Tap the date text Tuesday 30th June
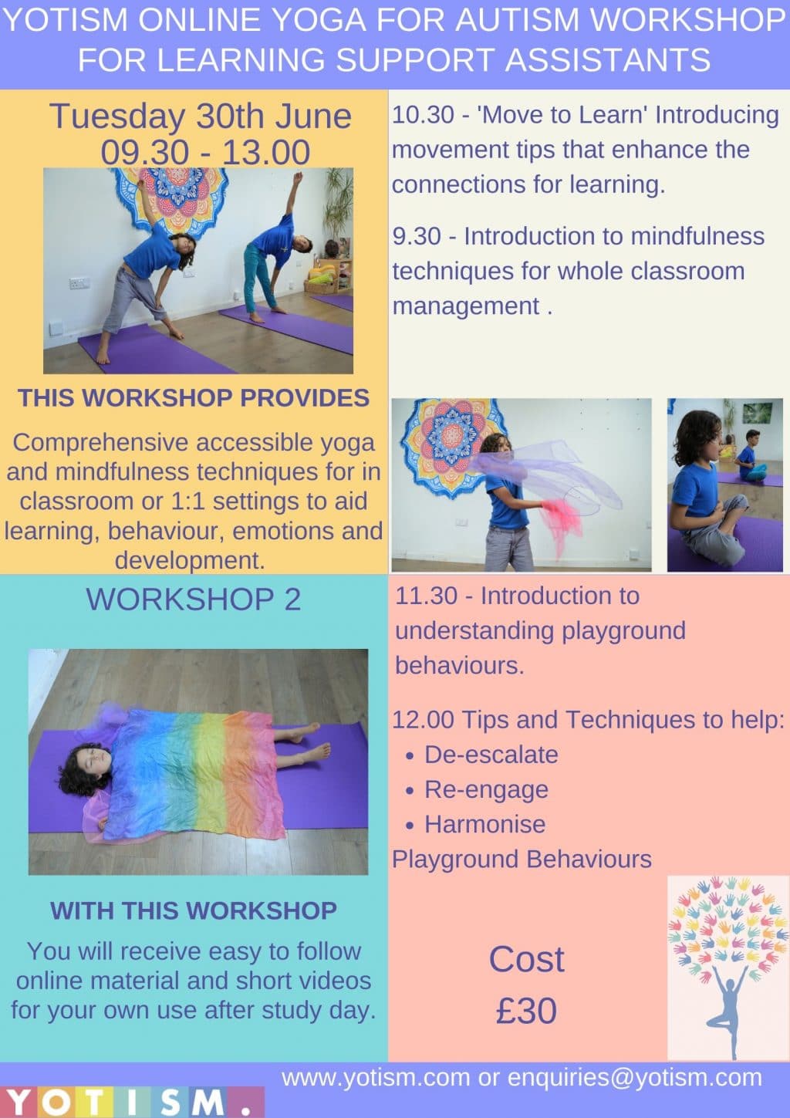(x=200, y=117)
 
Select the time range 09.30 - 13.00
(x=205, y=153)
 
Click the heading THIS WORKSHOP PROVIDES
(x=194, y=398)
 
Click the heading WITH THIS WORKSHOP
(x=194, y=910)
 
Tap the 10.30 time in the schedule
(x=423, y=115)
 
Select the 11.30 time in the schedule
(x=426, y=596)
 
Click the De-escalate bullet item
(x=491, y=755)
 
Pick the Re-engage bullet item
(x=486, y=789)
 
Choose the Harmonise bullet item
(x=484, y=825)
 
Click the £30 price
(x=526, y=1012)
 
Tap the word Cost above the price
(x=526, y=959)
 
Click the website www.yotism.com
(x=376, y=1078)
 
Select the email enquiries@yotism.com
(x=635, y=1078)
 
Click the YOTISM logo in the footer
(x=132, y=1102)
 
